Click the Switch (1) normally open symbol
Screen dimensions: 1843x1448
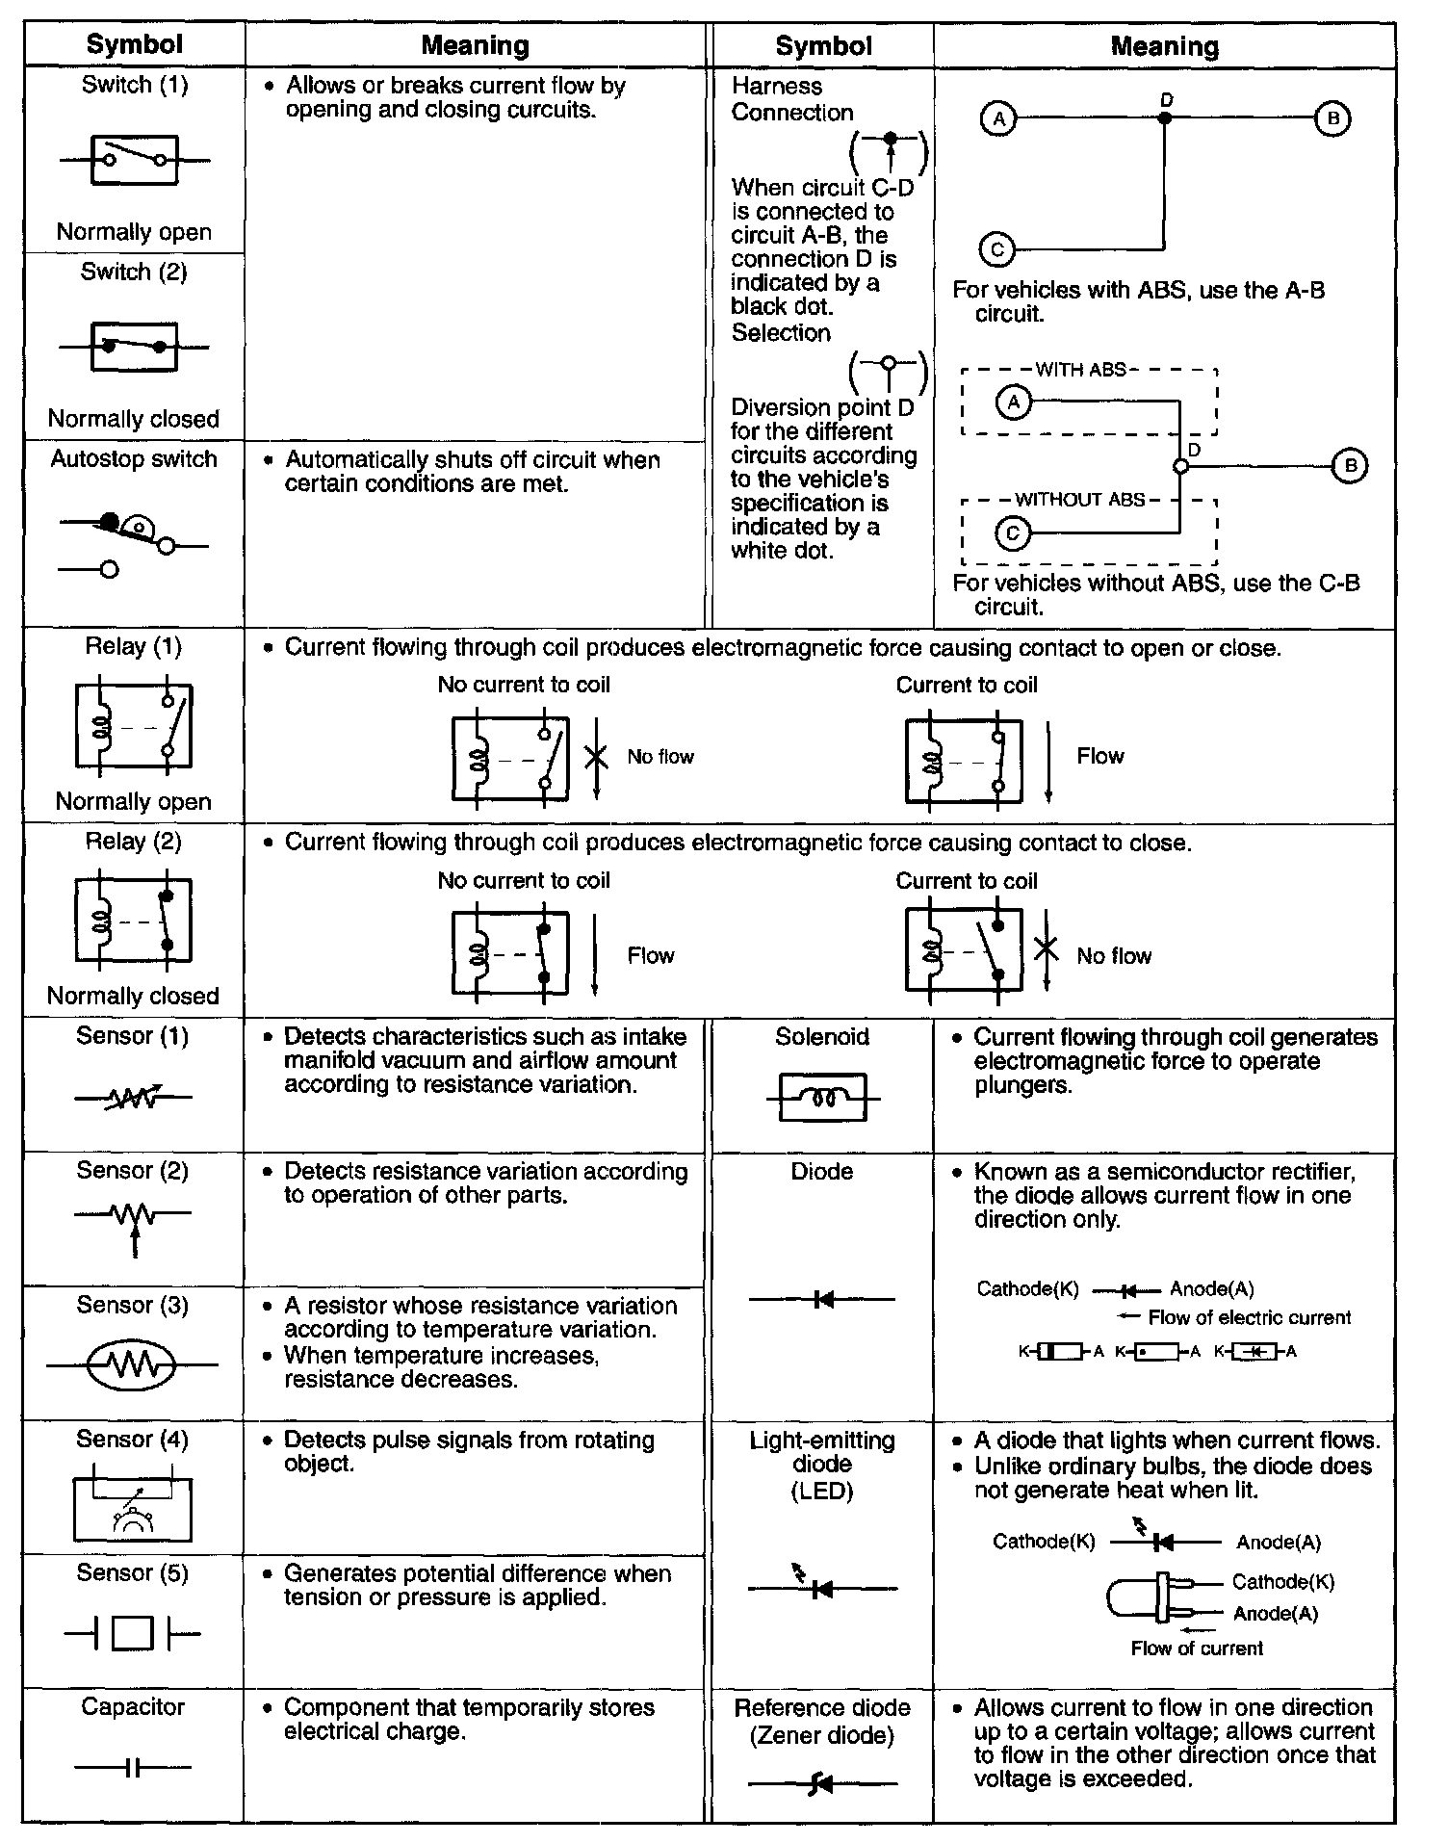click(134, 160)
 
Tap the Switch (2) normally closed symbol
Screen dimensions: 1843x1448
click(134, 347)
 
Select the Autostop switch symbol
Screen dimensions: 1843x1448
click(133, 544)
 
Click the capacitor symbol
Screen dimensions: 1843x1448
click(133, 1767)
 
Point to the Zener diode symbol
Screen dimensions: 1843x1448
click(822, 1783)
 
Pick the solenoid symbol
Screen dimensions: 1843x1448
click(822, 1098)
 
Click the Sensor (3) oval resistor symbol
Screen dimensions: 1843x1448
click(132, 1364)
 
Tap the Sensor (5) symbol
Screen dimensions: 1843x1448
click(133, 1633)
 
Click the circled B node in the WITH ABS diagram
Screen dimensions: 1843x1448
click(1349, 467)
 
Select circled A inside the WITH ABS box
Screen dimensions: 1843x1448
click(1013, 402)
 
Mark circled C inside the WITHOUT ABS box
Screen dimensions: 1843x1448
click(1012, 532)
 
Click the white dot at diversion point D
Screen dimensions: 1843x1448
click(1181, 467)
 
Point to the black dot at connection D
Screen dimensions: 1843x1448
click(1165, 118)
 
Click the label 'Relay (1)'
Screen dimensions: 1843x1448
click(133, 646)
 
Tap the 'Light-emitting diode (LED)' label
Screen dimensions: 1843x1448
click(822, 1465)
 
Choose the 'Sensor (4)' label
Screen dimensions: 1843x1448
click(133, 1439)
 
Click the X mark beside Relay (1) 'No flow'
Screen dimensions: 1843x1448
click(596, 756)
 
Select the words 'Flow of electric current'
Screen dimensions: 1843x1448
click(1249, 1317)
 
